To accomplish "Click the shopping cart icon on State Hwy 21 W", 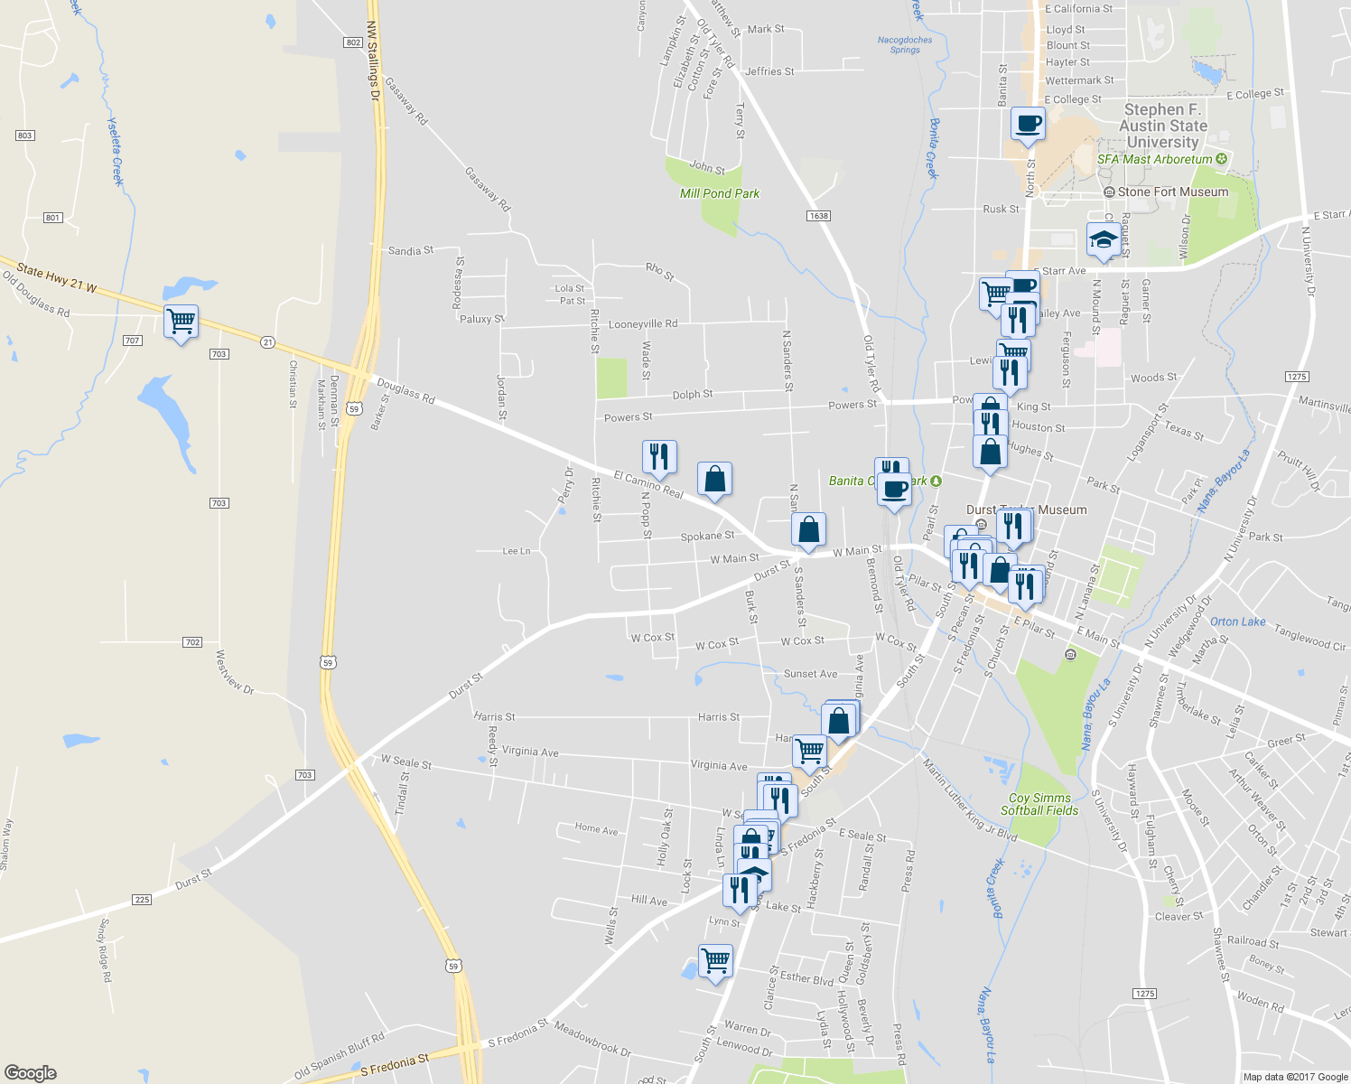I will tap(182, 321).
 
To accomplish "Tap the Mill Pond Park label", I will tap(719, 193).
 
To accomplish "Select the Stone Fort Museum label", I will tap(1172, 192).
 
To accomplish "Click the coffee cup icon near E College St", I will tap(1028, 123).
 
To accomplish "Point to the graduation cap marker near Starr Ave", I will tap(1104, 240).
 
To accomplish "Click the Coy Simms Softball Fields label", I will tap(1039, 804).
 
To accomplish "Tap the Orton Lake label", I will tap(1237, 621).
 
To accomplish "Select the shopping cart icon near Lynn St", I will tap(715, 960).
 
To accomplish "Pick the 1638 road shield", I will tap(818, 216).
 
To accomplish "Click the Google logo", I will tap(31, 1072).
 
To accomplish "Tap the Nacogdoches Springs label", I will tap(905, 44).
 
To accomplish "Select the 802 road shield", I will tap(352, 42).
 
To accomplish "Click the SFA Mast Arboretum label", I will tap(1154, 159).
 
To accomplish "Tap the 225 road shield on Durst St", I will tap(142, 900).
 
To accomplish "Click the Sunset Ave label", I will tap(810, 674).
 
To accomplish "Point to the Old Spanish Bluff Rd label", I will tap(340, 1056).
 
